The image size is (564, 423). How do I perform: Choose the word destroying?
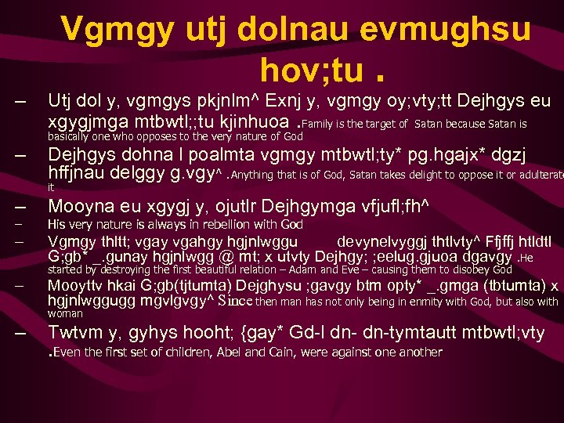pos(114,269)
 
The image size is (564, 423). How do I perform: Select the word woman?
pos(65,313)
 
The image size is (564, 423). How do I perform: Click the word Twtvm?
pos(76,332)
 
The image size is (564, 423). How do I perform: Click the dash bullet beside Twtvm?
pos(21,333)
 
